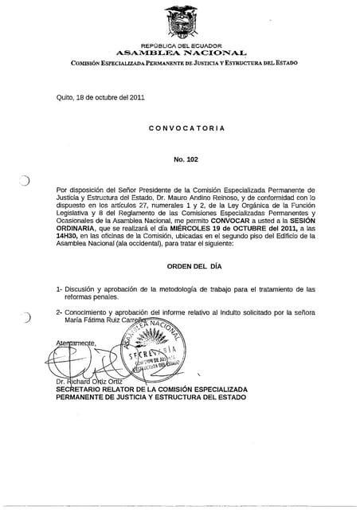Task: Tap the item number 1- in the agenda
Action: tap(60, 288)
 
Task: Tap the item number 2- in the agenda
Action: tap(60, 312)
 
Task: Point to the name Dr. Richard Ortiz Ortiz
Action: tap(89, 381)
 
